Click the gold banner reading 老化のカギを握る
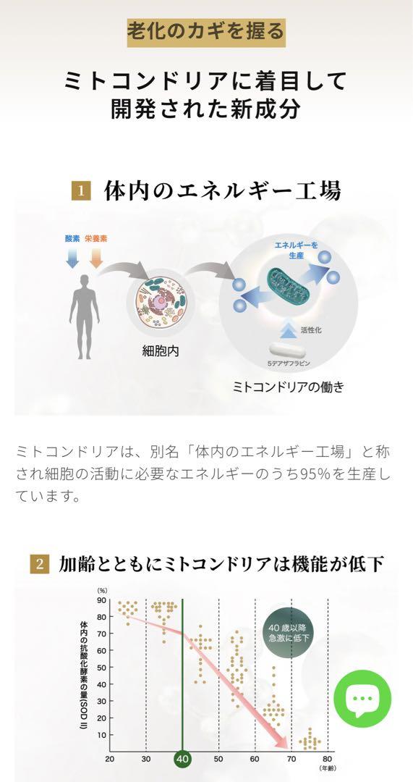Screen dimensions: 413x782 (x=205, y=33)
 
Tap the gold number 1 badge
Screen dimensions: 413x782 (x=81, y=191)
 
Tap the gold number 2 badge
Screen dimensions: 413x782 (x=39, y=564)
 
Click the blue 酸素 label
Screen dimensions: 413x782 (x=72, y=239)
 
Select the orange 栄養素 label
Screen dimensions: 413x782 (x=95, y=239)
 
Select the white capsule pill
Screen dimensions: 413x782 (x=287, y=350)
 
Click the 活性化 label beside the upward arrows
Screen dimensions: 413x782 (x=312, y=329)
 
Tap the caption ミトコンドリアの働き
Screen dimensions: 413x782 (x=288, y=387)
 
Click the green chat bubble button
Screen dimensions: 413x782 (x=362, y=698)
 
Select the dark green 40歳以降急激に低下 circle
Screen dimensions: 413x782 (x=289, y=633)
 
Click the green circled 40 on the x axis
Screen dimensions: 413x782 (x=183, y=760)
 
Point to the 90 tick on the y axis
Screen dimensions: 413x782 (x=101, y=600)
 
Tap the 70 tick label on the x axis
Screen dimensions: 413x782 (x=291, y=760)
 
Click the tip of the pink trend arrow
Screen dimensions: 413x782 (x=289, y=748)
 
